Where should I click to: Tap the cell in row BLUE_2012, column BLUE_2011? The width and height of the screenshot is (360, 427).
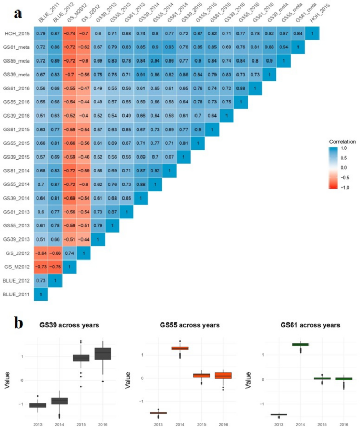point(41,280)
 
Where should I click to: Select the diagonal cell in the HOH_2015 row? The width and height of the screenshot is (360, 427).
point(312,34)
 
